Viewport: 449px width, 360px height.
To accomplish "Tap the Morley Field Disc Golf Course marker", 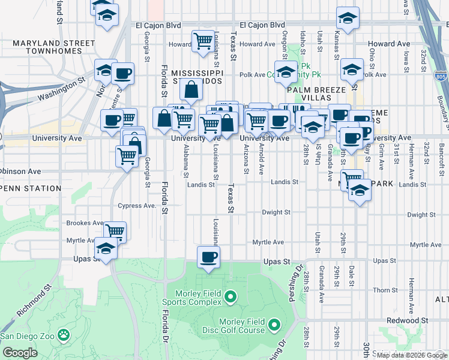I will point(274,326).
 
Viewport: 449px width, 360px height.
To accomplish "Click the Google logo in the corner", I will point(20,353).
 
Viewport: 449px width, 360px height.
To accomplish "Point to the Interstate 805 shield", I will point(440,74).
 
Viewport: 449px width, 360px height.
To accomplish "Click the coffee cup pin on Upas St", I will point(208,258).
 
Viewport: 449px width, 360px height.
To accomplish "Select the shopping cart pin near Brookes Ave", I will point(115,232).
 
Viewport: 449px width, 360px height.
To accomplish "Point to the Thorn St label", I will point(381,290).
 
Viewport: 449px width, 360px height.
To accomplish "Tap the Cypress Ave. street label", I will point(137,205).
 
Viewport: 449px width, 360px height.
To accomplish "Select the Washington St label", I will point(58,90).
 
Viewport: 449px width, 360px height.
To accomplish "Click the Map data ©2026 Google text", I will point(411,355).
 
